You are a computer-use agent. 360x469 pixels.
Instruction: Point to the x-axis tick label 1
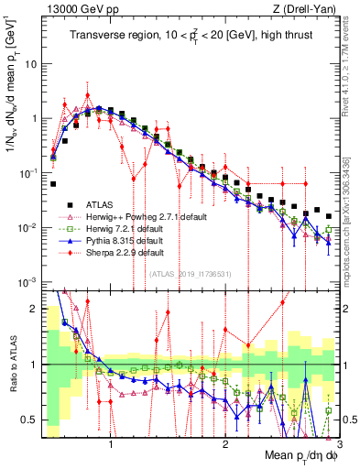(x=112, y=442)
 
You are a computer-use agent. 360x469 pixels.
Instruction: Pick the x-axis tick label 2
(x=225, y=442)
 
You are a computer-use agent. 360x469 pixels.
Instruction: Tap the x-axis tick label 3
(x=338, y=442)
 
